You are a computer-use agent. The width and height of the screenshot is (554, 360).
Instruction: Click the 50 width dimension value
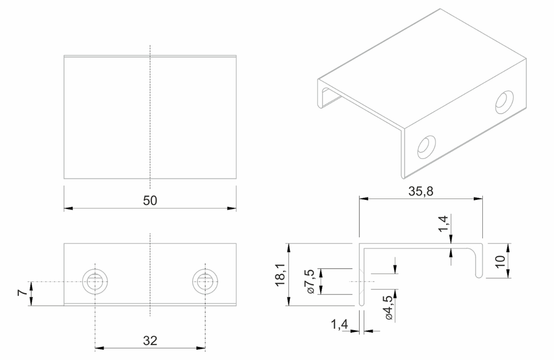tap(150, 200)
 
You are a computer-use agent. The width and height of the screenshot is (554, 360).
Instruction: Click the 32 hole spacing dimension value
tap(150, 341)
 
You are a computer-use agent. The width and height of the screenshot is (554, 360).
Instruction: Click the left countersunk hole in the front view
tap(95, 281)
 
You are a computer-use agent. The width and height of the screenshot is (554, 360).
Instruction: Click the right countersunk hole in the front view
tap(205, 281)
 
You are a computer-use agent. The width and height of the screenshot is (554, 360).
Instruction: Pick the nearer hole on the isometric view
tap(426, 147)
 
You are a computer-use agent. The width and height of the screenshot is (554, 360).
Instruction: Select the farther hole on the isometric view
tap(504, 101)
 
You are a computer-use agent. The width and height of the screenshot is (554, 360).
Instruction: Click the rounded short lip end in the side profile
tap(479, 275)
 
